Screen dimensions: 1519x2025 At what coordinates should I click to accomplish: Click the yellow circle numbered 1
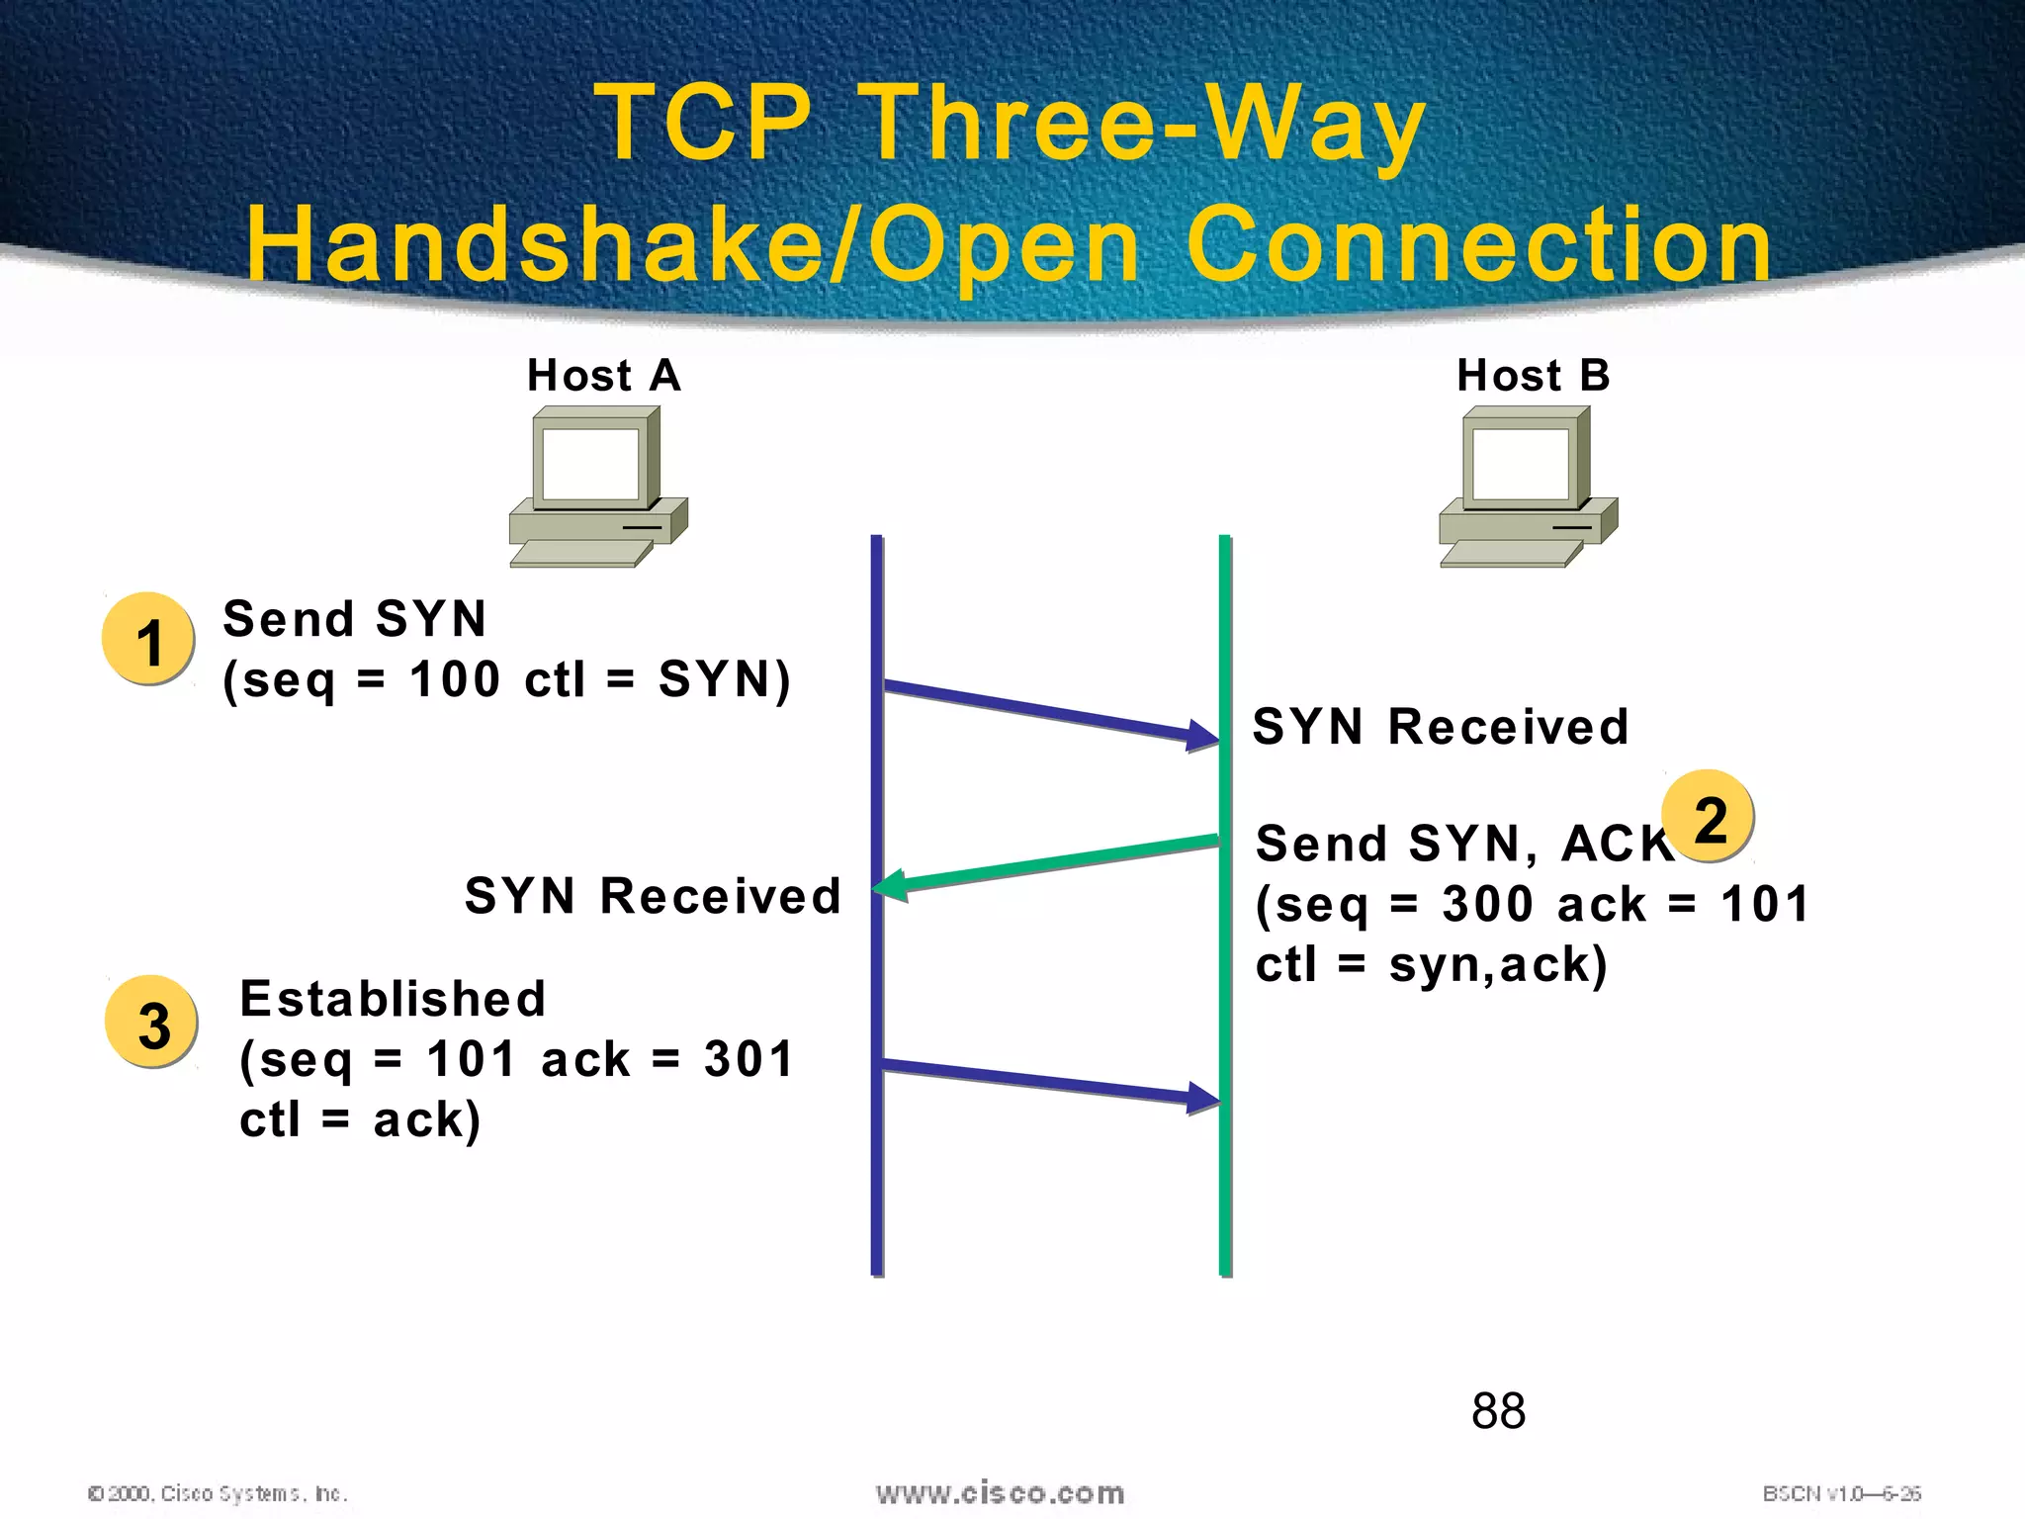coord(148,640)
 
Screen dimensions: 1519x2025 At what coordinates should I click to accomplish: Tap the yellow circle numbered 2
coord(1709,817)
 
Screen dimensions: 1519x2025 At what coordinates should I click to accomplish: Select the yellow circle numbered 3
coord(152,1023)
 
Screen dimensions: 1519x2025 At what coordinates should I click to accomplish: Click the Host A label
coord(603,376)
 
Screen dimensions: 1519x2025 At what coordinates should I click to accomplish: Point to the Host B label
coord(1533,376)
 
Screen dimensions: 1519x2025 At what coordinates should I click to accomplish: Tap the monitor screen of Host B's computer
coord(1521,463)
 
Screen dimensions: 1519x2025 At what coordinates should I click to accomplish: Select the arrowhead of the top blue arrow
coord(1203,736)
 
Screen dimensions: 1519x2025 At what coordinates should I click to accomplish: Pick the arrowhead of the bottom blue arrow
coord(1203,1098)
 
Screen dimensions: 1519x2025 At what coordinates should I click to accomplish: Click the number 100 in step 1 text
coord(455,680)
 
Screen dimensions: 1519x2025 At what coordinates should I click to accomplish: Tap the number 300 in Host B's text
coord(1486,904)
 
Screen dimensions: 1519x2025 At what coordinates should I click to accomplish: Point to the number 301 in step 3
coord(748,1059)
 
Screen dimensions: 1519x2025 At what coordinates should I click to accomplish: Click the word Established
coord(393,999)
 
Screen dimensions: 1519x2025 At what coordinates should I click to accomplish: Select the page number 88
coord(1498,1411)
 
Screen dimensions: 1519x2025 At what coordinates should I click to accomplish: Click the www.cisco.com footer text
coord(1000,1492)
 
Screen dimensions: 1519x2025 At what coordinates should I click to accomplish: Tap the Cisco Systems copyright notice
coord(218,1493)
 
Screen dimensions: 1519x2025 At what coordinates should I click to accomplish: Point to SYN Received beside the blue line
coord(653,896)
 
